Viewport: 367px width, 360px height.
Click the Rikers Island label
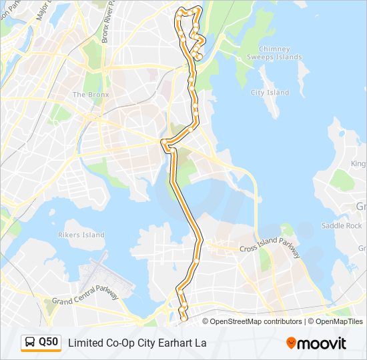click(82, 235)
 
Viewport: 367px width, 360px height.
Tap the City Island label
click(270, 93)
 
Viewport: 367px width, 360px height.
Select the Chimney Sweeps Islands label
click(274, 53)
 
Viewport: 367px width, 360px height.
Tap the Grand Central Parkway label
click(85, 297)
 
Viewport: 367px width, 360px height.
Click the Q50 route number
click(48, 342)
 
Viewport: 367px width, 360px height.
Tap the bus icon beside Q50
click(30, 343)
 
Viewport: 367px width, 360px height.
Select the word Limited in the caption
click(85, 343)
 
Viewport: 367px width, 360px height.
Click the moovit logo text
click(322, 343)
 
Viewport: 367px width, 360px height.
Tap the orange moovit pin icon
click(291, 343)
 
